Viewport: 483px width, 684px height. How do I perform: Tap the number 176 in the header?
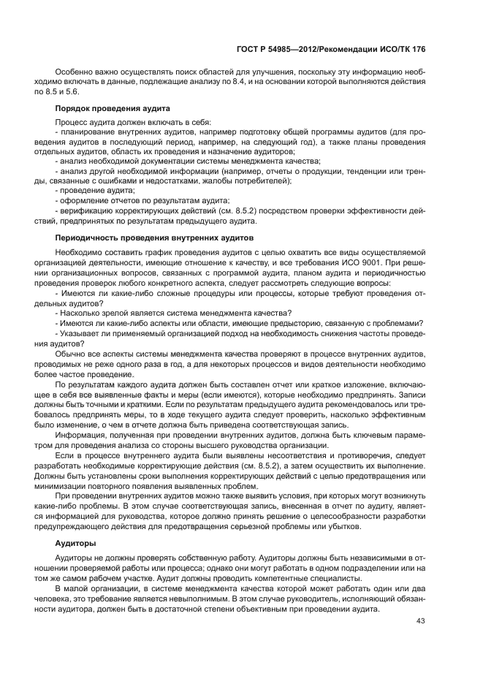(x=417, y=48)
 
